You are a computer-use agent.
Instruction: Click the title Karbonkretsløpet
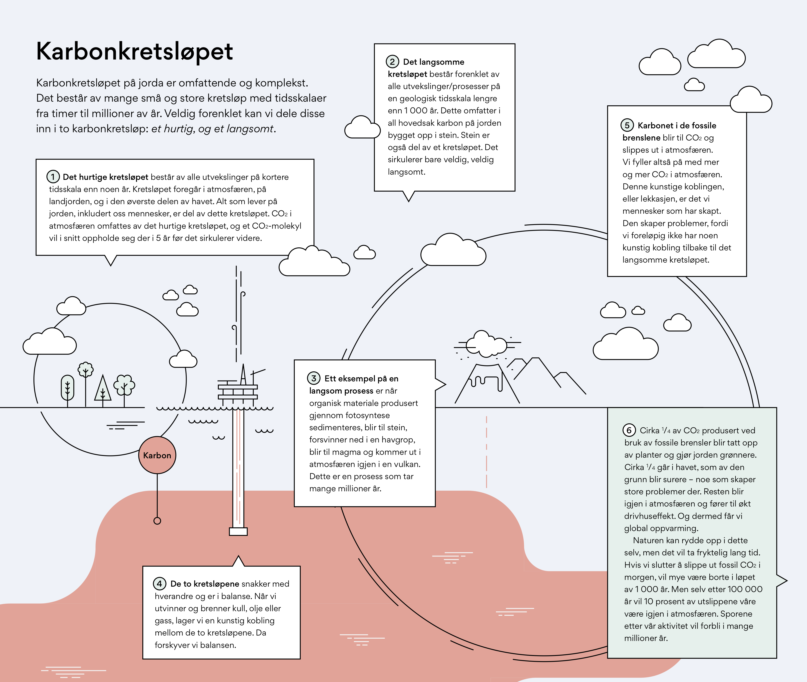pos(134,51)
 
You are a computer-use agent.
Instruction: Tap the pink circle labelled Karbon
pos(157,455)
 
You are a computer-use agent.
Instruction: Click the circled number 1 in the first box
pos(53,177)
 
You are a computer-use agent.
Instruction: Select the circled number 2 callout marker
pos(392,61)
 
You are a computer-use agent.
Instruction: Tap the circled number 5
pos(627,125)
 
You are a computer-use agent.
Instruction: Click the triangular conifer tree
pos(103,389)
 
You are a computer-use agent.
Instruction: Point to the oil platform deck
pos(238,391)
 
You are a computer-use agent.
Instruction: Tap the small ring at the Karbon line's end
pos(157,521)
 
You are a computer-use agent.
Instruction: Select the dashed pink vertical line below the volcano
pos(486,452)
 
